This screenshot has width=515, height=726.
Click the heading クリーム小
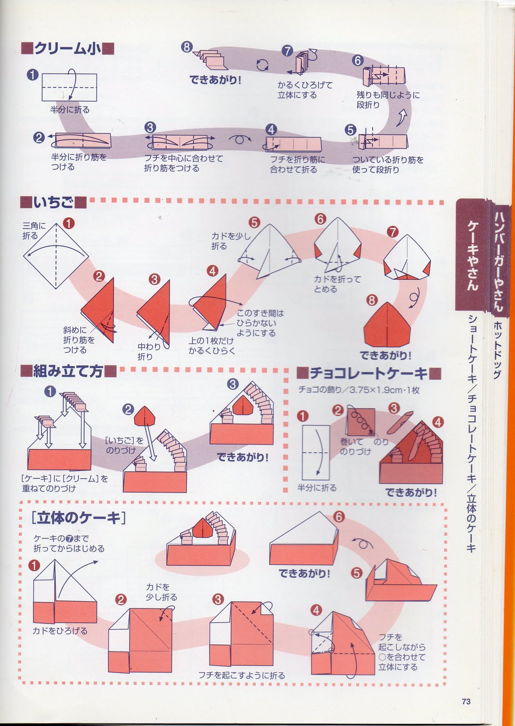68,49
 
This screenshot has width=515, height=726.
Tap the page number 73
466,701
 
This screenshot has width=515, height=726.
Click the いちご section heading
53,202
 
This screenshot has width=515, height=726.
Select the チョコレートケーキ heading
369,374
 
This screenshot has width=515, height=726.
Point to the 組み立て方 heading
68,372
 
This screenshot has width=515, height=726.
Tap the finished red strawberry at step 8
387,325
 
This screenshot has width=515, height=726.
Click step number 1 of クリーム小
33,75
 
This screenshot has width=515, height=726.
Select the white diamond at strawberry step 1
56,256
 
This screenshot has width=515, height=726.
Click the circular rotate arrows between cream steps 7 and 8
262,65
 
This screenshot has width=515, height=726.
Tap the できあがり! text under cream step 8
215,80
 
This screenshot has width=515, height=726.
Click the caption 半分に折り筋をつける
79,162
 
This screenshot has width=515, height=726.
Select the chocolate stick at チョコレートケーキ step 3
400,422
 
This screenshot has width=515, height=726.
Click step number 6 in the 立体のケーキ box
339,517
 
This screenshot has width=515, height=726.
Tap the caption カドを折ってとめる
337,284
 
